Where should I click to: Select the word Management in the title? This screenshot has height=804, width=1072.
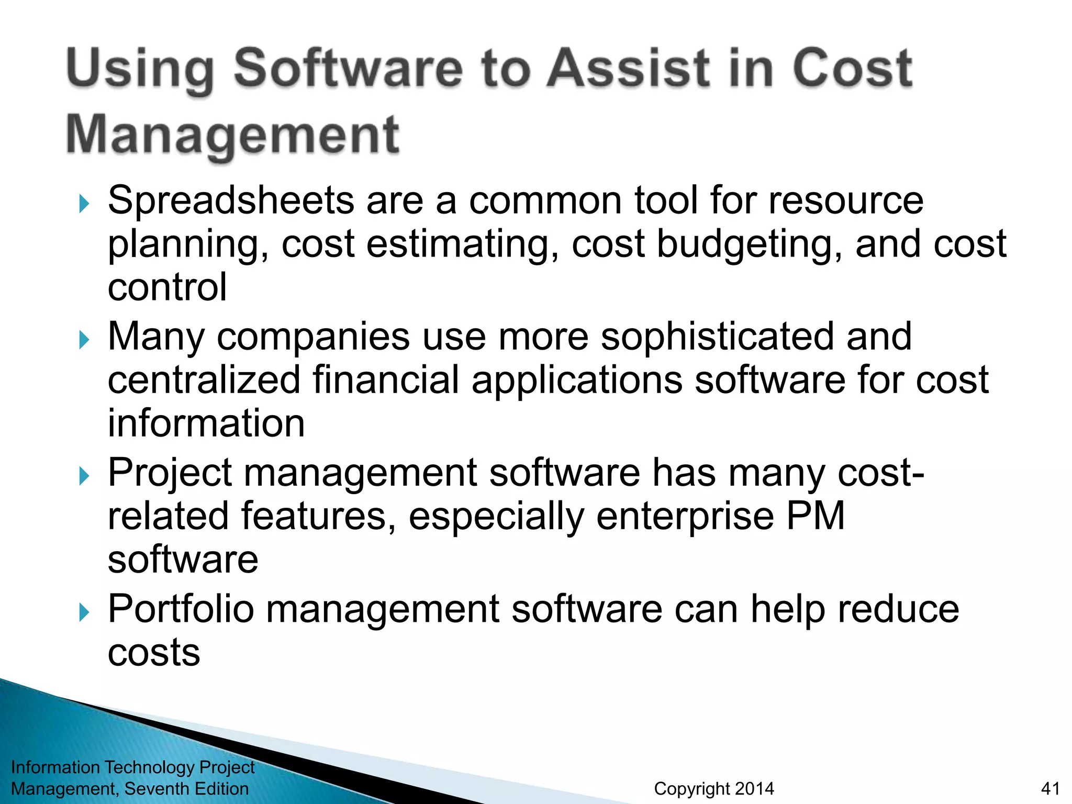(233, 135)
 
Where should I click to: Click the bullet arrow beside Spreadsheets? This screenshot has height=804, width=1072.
(84, 203)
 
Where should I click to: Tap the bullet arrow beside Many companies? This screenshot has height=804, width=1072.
(84, 340)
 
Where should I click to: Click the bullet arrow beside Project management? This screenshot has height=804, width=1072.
(84, 476)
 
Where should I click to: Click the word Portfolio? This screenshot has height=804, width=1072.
(181, 609)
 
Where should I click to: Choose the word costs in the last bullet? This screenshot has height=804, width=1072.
(154, 653)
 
